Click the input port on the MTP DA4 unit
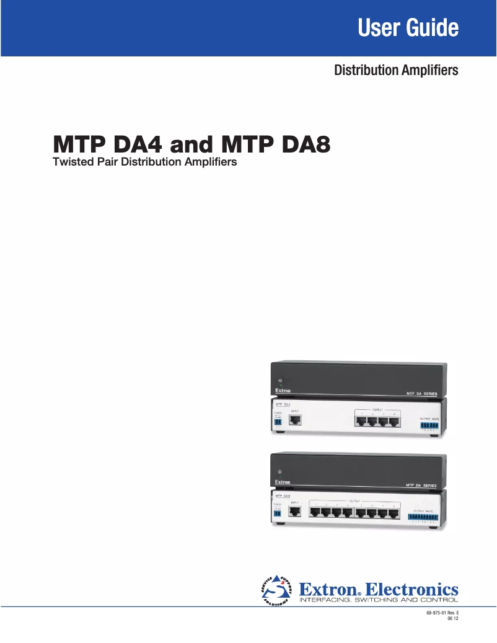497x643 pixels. click(x=297, y=420)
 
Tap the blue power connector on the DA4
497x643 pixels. click(x=278, y=422)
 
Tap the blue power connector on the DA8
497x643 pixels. click(x=278, y=513)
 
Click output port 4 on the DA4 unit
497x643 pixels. click(x=394, y=422)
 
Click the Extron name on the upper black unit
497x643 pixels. click(x=282, y=391)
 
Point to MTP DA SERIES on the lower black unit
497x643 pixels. click(x=421, y=484)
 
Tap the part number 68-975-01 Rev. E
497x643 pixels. click(x=442, y=613)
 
